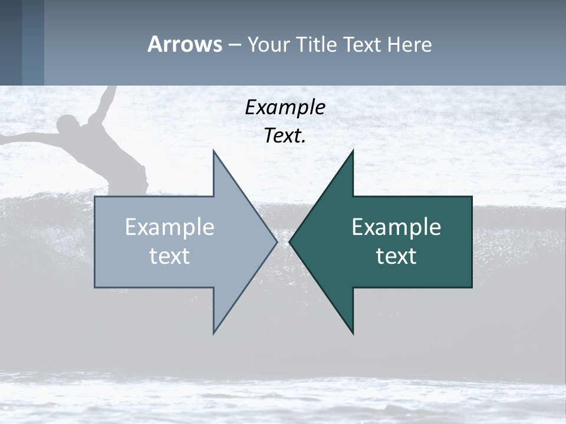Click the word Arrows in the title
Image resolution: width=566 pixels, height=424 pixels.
pos(185,44)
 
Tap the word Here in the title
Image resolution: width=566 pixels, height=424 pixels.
pos(409,44)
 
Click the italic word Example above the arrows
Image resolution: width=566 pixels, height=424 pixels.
pos(285,107)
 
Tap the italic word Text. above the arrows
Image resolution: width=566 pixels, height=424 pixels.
pos(285,135)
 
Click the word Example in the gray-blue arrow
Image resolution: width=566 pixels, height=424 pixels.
pos(170,227)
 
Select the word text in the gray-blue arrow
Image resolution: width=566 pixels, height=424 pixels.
pos(170,256)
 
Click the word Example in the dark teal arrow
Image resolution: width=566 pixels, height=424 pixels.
pos(396,227)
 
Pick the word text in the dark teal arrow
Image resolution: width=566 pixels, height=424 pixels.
pos(396,256)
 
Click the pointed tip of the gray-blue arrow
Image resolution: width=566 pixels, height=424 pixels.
pos(276,241)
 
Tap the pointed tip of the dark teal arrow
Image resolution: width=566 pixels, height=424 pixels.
pos(291,241)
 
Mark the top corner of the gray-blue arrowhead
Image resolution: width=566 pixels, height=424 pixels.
pos(214,152)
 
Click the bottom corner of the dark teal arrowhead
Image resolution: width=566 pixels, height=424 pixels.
pos(353,333)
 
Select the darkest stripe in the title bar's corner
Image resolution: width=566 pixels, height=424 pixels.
pos(11,42)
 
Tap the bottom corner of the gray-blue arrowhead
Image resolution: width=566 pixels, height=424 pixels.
pos(214,332)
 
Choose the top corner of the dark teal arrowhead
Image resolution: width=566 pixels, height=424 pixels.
pos(353,152)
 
